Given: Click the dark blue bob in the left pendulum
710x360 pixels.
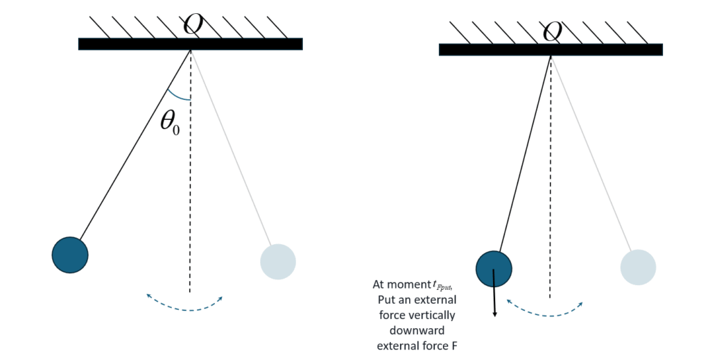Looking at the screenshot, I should click(x=70, y=255).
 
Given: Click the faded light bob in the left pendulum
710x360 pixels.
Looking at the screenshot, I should click(x=278, y=262).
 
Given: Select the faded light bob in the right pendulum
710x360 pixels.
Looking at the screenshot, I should click(x=638, y=267).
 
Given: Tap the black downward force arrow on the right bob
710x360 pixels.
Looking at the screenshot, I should click(x=495, y=298).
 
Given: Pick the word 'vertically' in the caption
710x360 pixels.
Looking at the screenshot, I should click(x=446, y=314).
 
